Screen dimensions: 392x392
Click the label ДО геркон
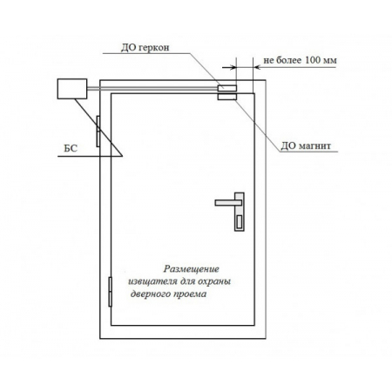tap(145, 47)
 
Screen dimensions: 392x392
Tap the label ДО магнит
tap(306, 145)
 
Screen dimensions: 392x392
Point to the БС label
tap(71, 148)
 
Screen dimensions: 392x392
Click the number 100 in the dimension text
tap(313, 60)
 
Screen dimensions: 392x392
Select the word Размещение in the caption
tap(191, 269)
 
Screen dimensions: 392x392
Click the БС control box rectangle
tap(72, 89)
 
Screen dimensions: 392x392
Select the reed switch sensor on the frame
tap(227, 88)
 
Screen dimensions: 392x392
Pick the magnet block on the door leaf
tap(227, 97)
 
